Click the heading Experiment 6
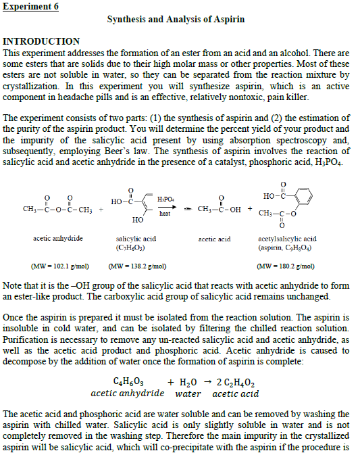click(x=30, y=7)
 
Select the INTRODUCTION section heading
click(x=42, y=41)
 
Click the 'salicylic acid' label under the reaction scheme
click(x=136, y=239)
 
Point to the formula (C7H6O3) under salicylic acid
click(x=136, y=247)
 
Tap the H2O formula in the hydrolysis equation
click(x=187, y=381)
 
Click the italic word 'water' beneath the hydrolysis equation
click(x=188, y=393)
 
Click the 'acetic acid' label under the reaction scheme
click(x=214, y=239)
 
